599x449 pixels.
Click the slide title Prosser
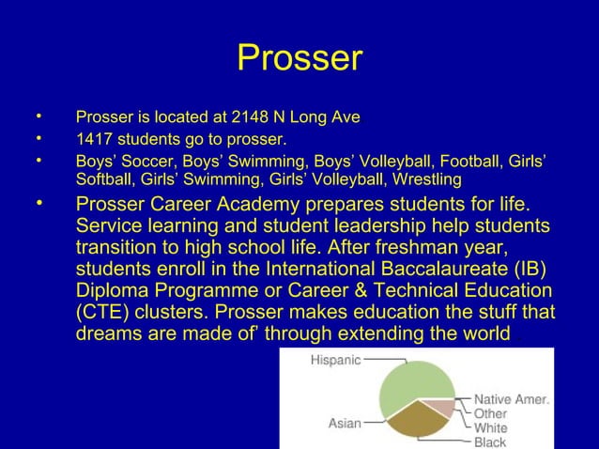point(299,58)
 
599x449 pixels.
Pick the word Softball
point(105,178)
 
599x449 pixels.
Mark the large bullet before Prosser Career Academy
point(39,203)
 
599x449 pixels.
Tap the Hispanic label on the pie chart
point(336,360)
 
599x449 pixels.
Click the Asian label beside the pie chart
point(344,424)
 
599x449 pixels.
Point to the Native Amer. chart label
point(512,399)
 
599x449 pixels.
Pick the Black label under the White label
point(490,441)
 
